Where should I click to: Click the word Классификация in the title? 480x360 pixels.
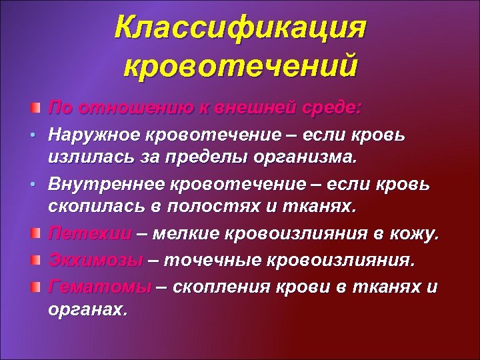(x=240, y=28)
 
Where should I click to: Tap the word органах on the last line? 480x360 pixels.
(x=86, y=310)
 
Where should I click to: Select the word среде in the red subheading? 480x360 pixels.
(x=333, y=107)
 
